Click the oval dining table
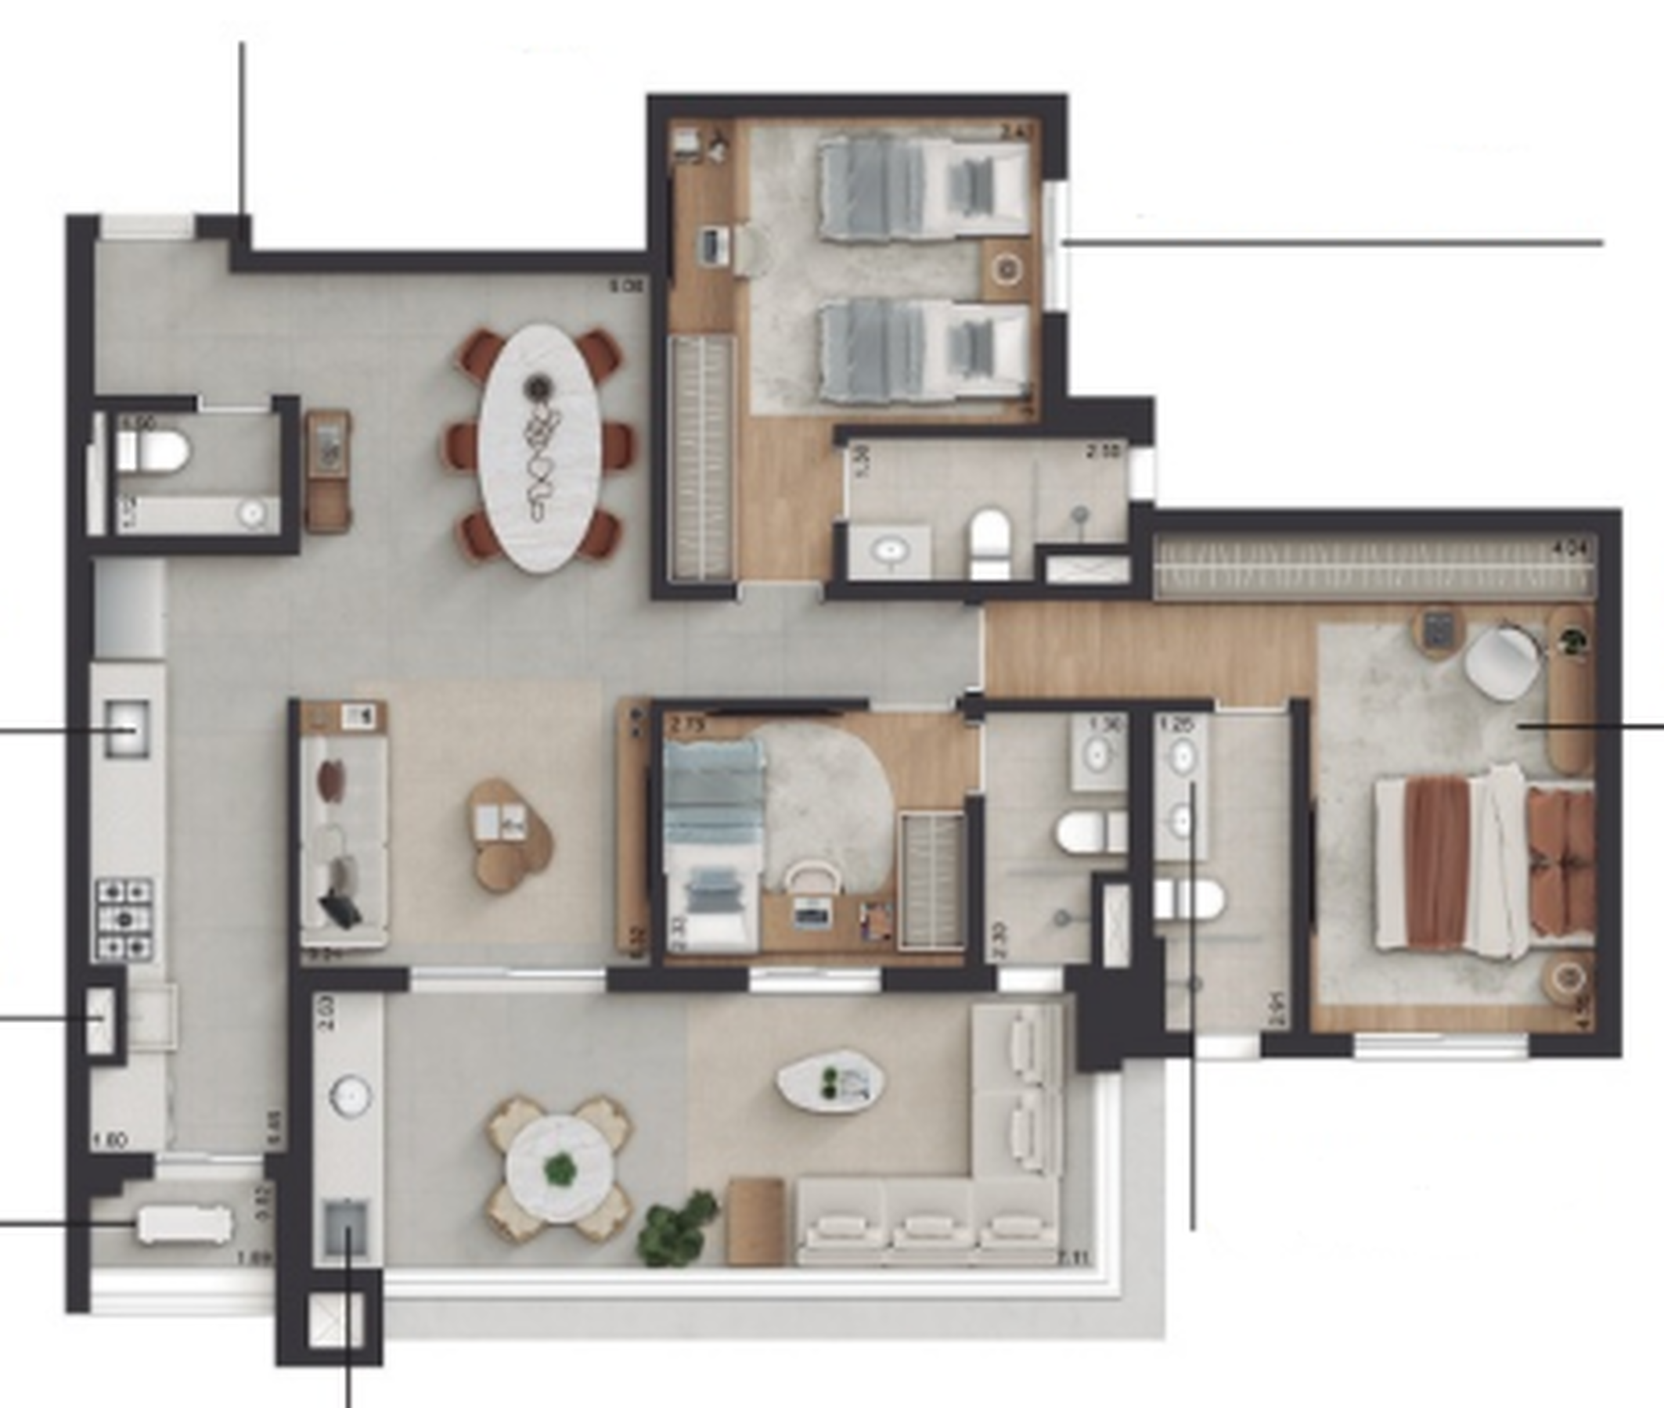[540, 447]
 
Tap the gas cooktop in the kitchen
[125, 918]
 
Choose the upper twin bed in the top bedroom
[922, 188]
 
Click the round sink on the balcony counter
[350, 1094]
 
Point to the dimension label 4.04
[1570, 548]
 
